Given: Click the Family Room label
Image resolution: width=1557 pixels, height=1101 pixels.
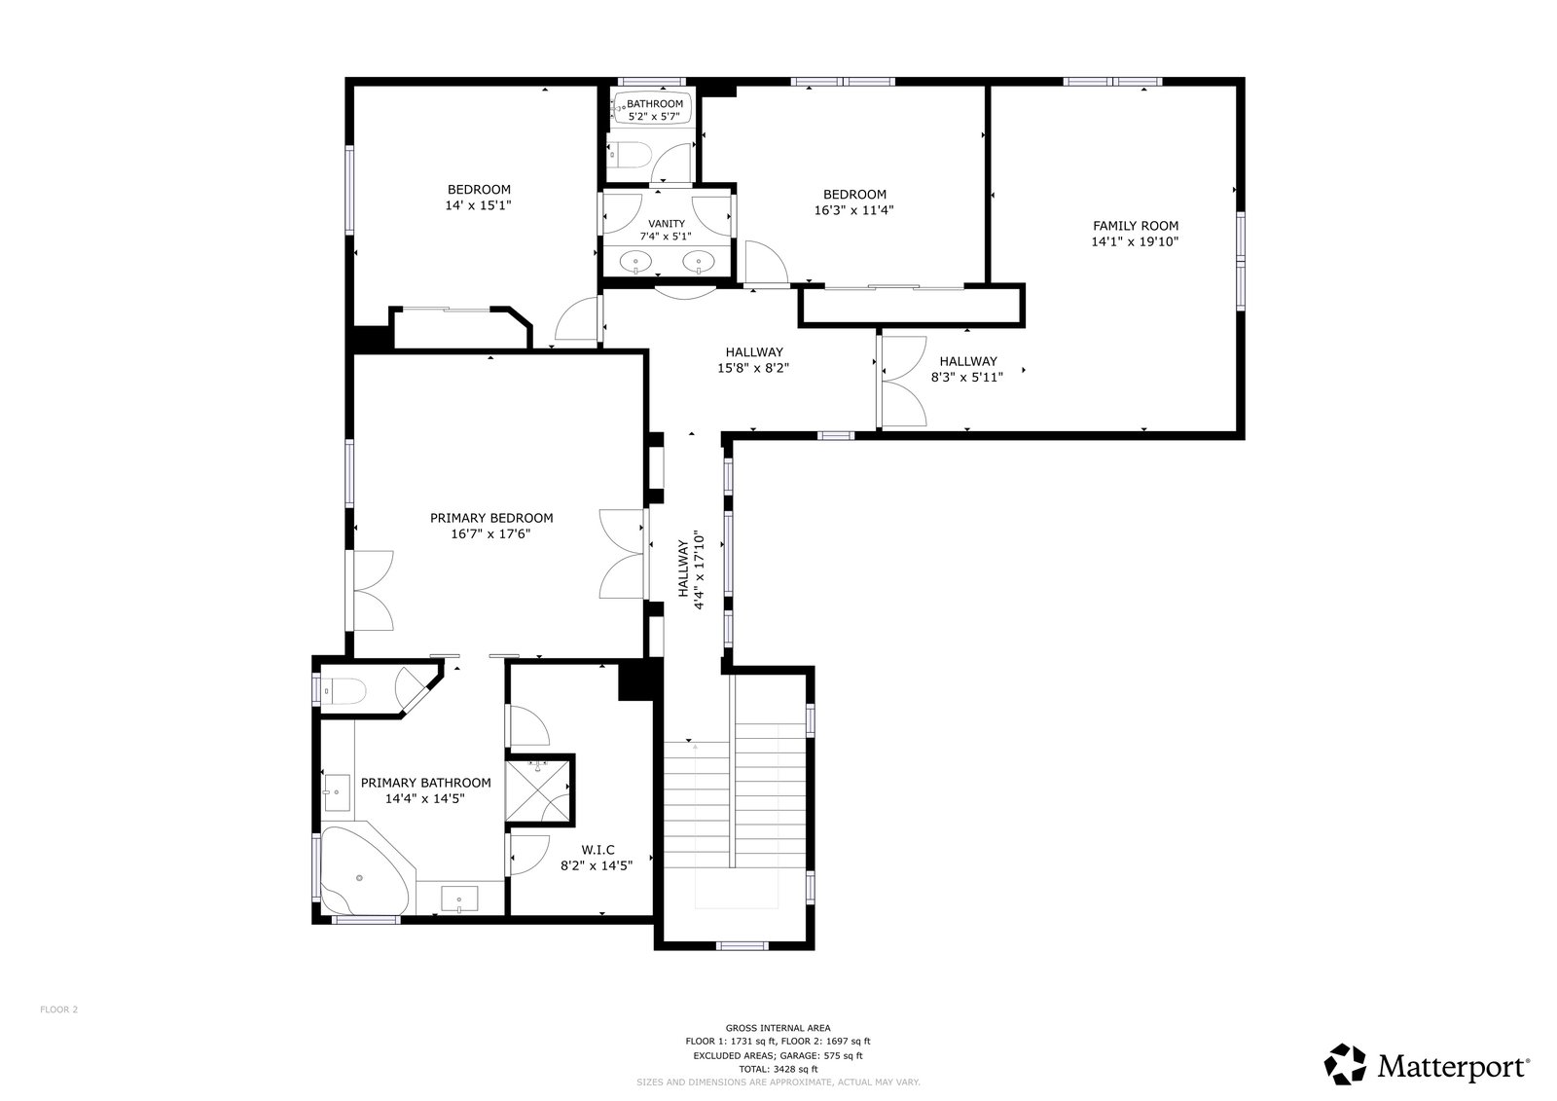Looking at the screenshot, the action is pos(1135,225).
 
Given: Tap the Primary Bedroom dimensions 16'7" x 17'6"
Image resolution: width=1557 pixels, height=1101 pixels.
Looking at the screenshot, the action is pos(490,533).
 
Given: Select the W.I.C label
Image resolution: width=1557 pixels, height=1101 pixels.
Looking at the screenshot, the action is pos(597,849).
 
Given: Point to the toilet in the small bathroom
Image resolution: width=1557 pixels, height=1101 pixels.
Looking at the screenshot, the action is pos(628,155).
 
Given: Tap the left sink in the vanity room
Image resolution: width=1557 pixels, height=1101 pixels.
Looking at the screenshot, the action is pos(635,262).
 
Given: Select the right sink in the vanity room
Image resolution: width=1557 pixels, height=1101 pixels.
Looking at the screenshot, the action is pos(699,262).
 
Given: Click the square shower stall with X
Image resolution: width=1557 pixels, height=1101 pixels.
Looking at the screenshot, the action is pos(537,792).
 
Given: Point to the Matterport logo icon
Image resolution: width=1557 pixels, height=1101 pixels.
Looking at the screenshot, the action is pos(1345,1064).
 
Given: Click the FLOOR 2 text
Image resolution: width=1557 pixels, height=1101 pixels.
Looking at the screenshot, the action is pos(59,1009).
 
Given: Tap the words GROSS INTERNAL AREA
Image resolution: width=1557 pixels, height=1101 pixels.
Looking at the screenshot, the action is pos(778,1027).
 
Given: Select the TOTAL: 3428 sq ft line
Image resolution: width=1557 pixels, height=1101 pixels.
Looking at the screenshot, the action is pos(778,1069).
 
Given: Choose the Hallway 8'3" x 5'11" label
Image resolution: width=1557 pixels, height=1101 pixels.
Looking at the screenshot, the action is pos(967,369).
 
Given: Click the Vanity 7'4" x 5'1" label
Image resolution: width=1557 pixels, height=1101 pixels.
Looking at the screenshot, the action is pos(666,230).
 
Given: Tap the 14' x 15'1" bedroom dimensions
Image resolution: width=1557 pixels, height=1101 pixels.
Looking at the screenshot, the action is pos(478,205).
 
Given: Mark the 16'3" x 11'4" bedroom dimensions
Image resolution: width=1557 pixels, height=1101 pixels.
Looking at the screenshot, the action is pos(853,210).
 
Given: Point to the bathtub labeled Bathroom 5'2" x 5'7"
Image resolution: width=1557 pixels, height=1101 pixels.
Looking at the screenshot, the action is pos(653,108).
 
